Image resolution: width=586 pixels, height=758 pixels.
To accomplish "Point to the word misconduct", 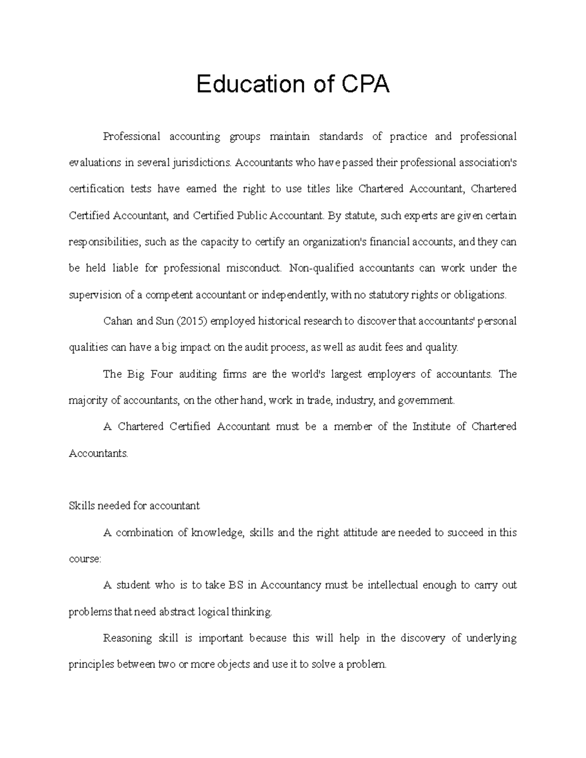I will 254,268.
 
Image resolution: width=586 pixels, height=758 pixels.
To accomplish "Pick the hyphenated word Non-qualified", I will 322,268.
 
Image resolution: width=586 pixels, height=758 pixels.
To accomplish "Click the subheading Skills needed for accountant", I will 134,506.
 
